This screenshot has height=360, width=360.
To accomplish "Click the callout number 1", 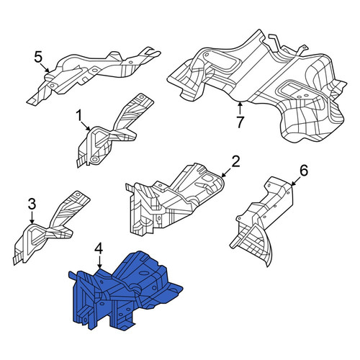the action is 79,116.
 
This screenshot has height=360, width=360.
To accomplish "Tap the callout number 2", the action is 235,161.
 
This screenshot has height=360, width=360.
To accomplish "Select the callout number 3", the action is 32,204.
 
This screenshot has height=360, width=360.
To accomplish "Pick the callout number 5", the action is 38,58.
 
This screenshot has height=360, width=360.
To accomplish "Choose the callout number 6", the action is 303,171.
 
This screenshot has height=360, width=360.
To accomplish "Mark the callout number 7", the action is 240,122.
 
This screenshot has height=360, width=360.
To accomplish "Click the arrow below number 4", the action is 99,262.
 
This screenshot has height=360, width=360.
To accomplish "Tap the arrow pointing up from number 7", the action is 240,108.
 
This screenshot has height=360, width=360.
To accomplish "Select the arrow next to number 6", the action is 296,181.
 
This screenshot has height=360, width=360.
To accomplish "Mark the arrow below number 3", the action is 32,217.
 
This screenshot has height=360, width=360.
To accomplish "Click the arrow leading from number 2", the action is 226,172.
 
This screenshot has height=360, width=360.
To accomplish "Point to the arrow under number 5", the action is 45,68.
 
